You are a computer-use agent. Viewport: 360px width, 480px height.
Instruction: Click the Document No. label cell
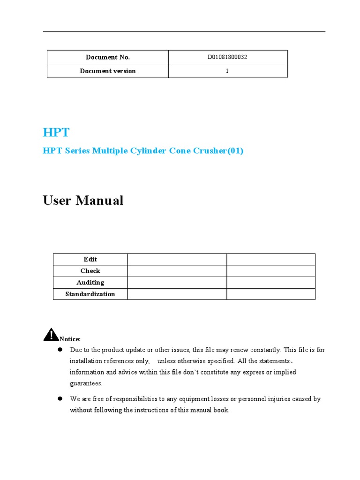[x=108, y=57]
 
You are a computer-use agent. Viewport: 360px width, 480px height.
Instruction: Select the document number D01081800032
[x=227, y=57]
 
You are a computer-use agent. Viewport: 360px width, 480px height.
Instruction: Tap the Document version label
[x=108, y=71]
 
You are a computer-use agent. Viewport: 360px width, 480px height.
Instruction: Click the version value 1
[x=227, y=71]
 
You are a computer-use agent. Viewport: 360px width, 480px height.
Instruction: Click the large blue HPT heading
[x=56, y=133]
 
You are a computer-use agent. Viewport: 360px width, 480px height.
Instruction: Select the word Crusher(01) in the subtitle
[x=218, y=151]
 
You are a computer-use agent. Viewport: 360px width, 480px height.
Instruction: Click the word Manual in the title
[x=101, y=201]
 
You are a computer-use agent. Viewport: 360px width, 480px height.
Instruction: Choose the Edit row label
[x=90, y=259]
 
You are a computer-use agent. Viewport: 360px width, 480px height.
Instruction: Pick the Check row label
[x=90, y=271]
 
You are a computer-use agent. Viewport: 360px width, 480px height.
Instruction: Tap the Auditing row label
[x=90, y=283]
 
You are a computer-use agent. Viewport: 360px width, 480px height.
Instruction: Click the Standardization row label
[x=90, y=294]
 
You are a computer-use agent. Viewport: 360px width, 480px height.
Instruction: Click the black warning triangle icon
[x=51, y=334]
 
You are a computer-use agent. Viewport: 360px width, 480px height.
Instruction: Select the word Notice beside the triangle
[x=70, y=339]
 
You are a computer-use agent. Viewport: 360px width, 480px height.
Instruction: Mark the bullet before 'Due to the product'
[x=60, y=350]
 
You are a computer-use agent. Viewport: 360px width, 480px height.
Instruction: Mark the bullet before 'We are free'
[x=60, y=398]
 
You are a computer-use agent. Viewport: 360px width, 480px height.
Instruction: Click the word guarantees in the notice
[x=86, y=383]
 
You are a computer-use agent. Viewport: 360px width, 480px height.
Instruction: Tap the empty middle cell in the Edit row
[x=177, y=259]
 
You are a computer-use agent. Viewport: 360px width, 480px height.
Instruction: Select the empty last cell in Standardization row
[x=270, y=294]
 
